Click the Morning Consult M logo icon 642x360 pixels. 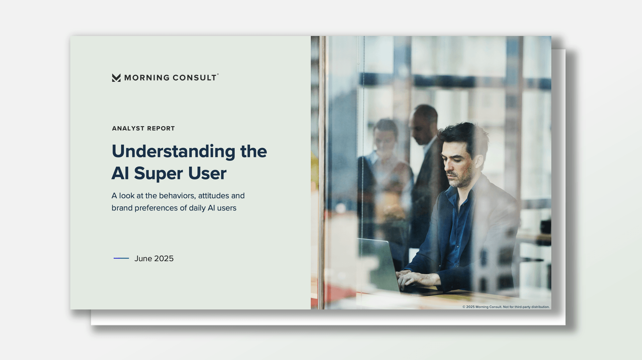click(x=116, y=78)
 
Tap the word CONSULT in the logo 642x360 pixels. click(x=195, y=78)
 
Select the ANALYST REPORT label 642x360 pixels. click(x=143, y=128)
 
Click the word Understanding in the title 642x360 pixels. click(x=174, y=152)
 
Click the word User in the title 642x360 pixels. click(x=207, y=173)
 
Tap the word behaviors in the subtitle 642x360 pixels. click(x=177, y=196)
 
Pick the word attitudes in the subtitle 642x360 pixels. click(x=214, y=196)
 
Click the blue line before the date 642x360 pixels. click(x=121, y=258)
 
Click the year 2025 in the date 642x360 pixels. click(x=164, y=259)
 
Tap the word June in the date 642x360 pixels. click(x=143, y=259)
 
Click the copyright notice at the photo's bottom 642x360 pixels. click(x=506, y=307)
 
